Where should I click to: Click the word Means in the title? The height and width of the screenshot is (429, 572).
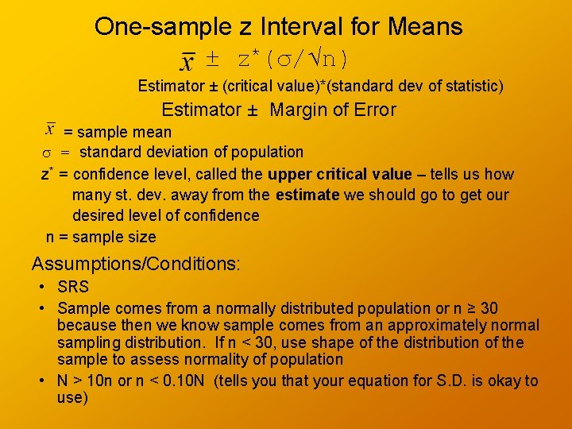pos(425,27)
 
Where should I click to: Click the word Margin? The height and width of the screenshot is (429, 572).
pos(300,110)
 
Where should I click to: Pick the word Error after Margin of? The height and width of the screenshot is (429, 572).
pos(374,110)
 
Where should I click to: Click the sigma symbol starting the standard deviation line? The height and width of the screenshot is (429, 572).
pos(46,153)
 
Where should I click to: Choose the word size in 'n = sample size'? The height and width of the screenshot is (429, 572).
pos(141,237)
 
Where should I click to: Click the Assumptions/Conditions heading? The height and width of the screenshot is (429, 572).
pos(136,264)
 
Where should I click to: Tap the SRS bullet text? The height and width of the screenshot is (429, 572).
pos(73,287)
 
